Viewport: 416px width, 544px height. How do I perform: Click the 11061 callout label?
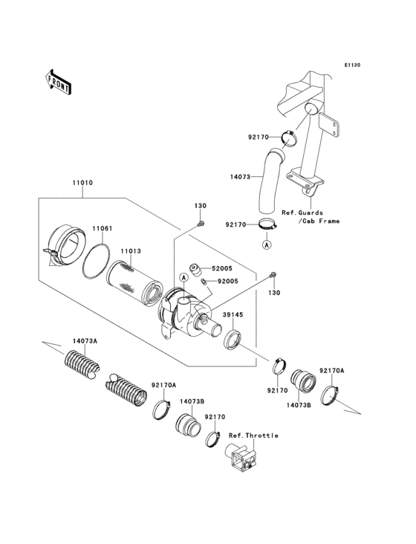pos(102,229)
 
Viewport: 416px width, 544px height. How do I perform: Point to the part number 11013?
pos(131,252)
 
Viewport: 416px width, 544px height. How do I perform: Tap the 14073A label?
pos(85,341)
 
